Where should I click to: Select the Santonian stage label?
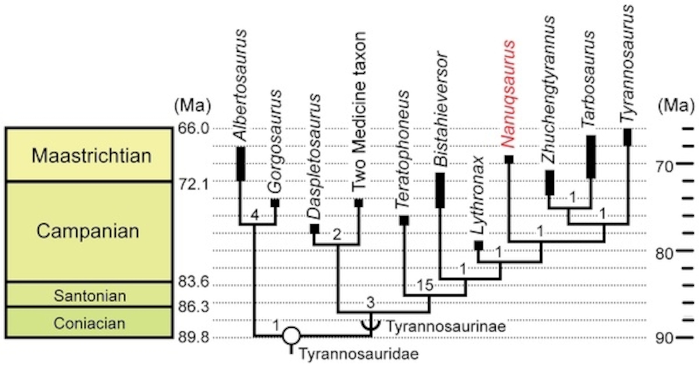[90, 296]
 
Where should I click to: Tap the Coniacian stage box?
[89, 323]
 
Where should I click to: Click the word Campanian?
[88, 231]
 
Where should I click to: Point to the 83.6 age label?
[193, 282]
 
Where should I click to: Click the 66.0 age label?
[193, 129]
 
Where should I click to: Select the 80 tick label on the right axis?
[664, 254]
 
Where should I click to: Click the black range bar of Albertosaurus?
[241, 164]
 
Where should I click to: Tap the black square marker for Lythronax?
[479, 246]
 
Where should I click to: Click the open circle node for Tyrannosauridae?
[291, 336]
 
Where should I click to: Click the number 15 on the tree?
[425, 285]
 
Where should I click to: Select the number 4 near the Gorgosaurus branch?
[255, 216]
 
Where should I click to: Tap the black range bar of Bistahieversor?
[440, 190]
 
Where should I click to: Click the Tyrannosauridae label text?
[359, 354]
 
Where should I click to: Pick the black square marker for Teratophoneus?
[404, 220]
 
